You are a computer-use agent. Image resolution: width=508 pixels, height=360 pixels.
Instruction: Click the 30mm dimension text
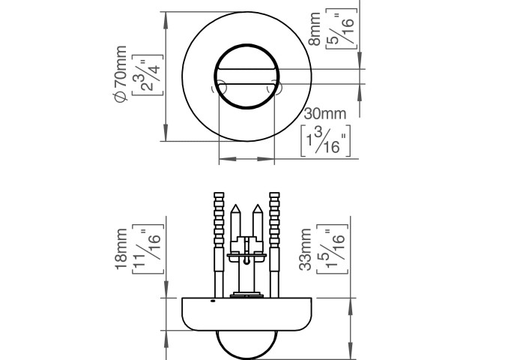click(326, 114)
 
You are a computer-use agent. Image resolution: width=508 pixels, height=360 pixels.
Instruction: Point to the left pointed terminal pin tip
click(236, 208)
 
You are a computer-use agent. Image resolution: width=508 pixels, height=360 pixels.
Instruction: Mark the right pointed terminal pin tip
click(256, 208)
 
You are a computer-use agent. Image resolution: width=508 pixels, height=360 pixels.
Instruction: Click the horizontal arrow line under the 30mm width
click(246, 159)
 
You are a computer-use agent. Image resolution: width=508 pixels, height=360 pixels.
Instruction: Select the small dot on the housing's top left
click(213, 301)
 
